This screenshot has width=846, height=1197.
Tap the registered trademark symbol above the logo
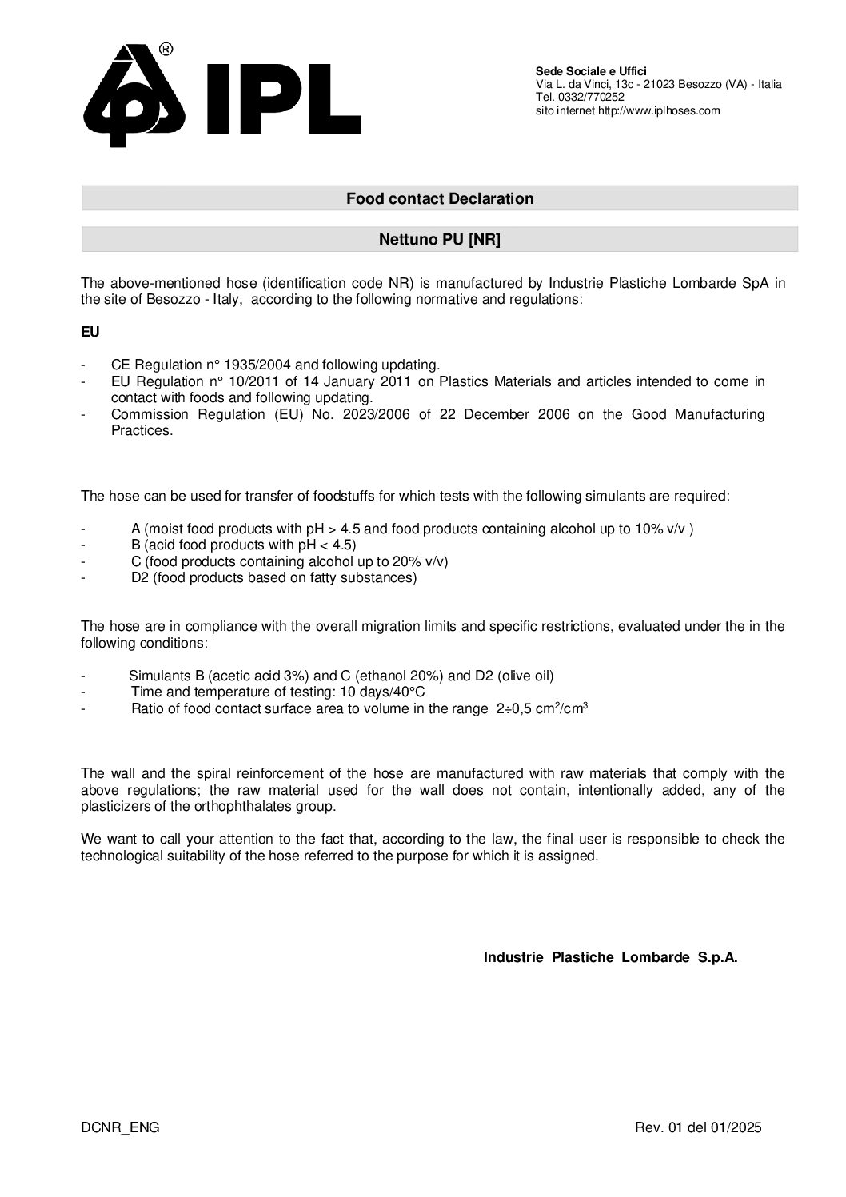coord(166,50)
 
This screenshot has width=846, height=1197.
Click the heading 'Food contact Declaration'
coord(439,198)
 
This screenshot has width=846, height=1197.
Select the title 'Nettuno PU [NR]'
coord(439,239)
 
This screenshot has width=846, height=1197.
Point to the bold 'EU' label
coord(90,330)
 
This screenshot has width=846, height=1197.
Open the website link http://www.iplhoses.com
coord(659,110)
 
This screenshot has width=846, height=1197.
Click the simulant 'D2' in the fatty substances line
coord(139,577)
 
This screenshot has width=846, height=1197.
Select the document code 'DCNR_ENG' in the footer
coord(120,1127)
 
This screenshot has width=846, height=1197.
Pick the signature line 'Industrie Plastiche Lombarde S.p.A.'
coord(610,957)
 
